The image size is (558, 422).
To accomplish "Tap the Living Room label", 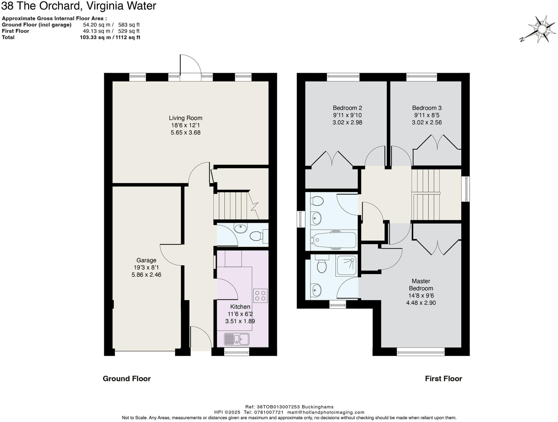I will pyautogui.click(x=185, y=118).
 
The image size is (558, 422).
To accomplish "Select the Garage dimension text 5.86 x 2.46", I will pyautogui.click(x=146, y=275).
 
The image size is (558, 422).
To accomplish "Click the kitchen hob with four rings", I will pyautogui.click(x=260, y=296).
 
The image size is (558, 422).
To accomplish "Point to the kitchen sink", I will pyautogui.click(x=236, y=339).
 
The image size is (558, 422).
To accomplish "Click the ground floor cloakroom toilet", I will pyautogui.click(x=257, y=236).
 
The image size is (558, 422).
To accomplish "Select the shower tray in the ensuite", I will pyautogui.click(x=347, y=265).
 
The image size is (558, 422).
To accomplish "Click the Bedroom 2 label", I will pyautogui.click(x=347, y=108).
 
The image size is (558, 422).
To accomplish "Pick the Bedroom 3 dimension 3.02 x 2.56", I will pyautogui.click(x=427, y=123).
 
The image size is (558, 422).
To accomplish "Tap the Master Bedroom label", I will pyautogui.click(x=421, y=285).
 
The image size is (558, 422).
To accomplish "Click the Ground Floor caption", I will pyautogui.click(x=126, y=379).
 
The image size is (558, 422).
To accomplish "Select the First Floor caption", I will pyautogui.click(x=443, y=379).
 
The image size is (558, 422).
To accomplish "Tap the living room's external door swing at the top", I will pyautogui.click(x=190, y=65).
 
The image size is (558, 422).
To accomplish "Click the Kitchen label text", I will pyautogui.click(x=240, y=307).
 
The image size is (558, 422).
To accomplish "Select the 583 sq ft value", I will pyautogui.click(x=129, y=25).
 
